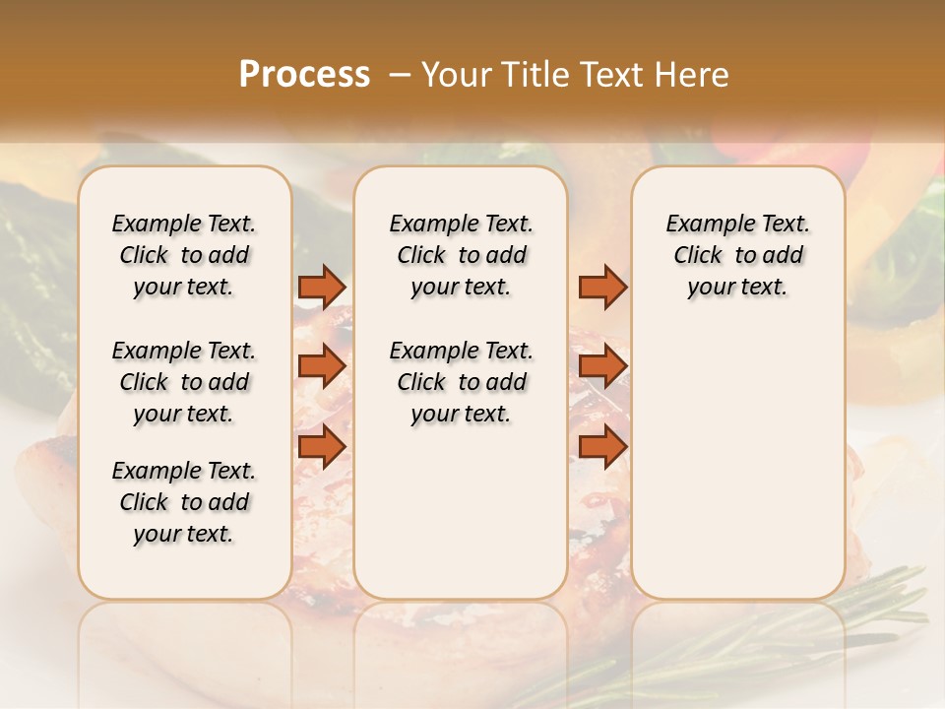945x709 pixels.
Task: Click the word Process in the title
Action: click(304, 75)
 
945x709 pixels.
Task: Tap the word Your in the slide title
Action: click(457, 75)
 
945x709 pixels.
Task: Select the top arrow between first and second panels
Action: click(322, 287)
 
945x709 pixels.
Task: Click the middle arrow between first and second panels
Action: click(322, 366)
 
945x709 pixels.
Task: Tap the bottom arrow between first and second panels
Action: click(322, 446)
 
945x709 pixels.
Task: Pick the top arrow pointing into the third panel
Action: click(602, 287)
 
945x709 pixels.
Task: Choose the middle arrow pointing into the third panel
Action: click(602, 366)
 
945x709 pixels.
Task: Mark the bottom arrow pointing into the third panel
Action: click(602, 446)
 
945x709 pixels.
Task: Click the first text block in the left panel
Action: click(184, 255)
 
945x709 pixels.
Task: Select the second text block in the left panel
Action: click(184, 382)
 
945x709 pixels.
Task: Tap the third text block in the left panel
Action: click(184, 502)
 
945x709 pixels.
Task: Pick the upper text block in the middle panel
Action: click(461, 255)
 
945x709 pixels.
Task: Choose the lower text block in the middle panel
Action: click(461, 382)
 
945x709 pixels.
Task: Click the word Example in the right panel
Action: click(700, 224)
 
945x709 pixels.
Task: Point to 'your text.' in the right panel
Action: click(737, 287)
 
